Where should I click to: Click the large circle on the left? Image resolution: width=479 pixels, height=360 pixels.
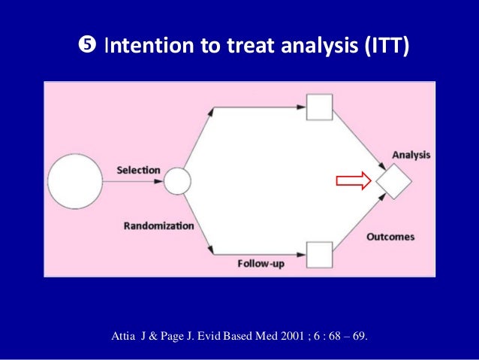pos(75,182)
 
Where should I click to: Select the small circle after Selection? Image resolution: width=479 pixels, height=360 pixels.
pos(177,181)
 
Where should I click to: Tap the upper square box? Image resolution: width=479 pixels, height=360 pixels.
pos(321,107)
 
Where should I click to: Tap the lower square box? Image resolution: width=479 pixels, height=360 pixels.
pos(321,255)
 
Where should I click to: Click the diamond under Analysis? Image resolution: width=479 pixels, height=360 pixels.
pos(395,181)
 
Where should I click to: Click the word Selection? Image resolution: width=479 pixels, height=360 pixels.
pos(138,171)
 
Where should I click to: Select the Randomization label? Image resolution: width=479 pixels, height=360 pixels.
pos(158,225)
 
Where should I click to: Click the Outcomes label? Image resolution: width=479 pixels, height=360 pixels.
pos(390,237)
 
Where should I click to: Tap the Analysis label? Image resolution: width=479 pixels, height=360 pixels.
pos(411,155)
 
